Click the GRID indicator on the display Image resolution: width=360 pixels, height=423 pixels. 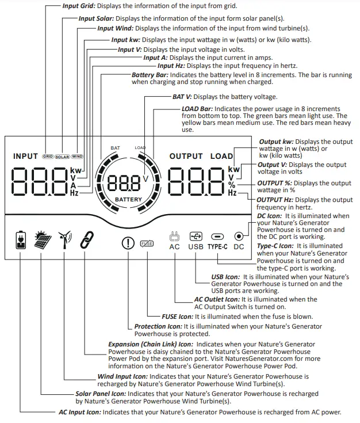48,157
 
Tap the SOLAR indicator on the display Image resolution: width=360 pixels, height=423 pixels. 62,157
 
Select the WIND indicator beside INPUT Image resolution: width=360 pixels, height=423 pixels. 77,157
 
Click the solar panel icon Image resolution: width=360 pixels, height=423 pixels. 41,241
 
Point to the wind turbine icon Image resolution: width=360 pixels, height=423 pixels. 64,241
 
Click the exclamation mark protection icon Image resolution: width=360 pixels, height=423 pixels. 128,243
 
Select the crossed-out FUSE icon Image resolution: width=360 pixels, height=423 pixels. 147,243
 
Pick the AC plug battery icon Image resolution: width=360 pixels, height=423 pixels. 20,241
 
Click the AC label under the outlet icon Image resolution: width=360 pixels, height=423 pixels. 175,247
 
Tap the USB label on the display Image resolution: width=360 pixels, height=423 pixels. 196,247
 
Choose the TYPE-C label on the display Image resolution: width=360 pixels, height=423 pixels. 219,247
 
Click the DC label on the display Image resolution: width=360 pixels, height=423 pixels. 239,247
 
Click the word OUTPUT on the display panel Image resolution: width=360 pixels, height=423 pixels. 186,156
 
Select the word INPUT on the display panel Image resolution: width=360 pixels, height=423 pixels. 25,157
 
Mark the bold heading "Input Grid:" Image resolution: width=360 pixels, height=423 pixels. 79,6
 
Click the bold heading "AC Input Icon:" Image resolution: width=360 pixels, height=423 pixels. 81,412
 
